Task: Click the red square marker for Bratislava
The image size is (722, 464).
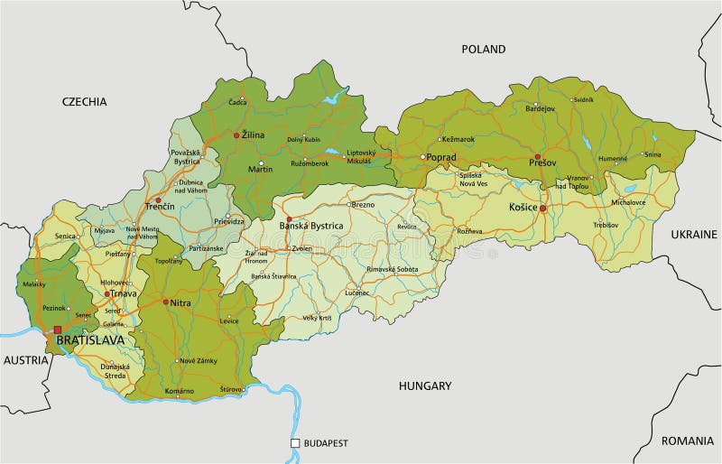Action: (x=58, y=330)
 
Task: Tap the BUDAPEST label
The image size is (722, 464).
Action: (x=326, y=443)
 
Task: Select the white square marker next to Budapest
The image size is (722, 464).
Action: (x=295, y=443)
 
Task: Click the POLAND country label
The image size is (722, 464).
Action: (x=484, y=49)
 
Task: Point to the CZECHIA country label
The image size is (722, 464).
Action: (x=85, y=101)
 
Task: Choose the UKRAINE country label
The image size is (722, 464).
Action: (x=694, y=234)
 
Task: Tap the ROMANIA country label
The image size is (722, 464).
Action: (x=687, y=441)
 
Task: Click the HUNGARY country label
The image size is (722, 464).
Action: (x=425, y=385)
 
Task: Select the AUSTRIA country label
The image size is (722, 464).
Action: (x=25, y=359)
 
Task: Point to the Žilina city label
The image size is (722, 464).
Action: (x=253, y=135)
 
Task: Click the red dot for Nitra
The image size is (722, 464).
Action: (x=164, y=302)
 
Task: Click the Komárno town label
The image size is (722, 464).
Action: (x=180, y=391)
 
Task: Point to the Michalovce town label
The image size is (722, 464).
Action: (x=629, y=202)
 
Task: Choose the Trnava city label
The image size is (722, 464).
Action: (x=123, y=294)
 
